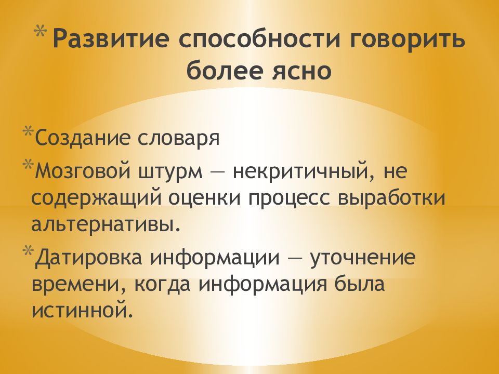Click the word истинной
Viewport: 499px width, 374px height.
[80, 312]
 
